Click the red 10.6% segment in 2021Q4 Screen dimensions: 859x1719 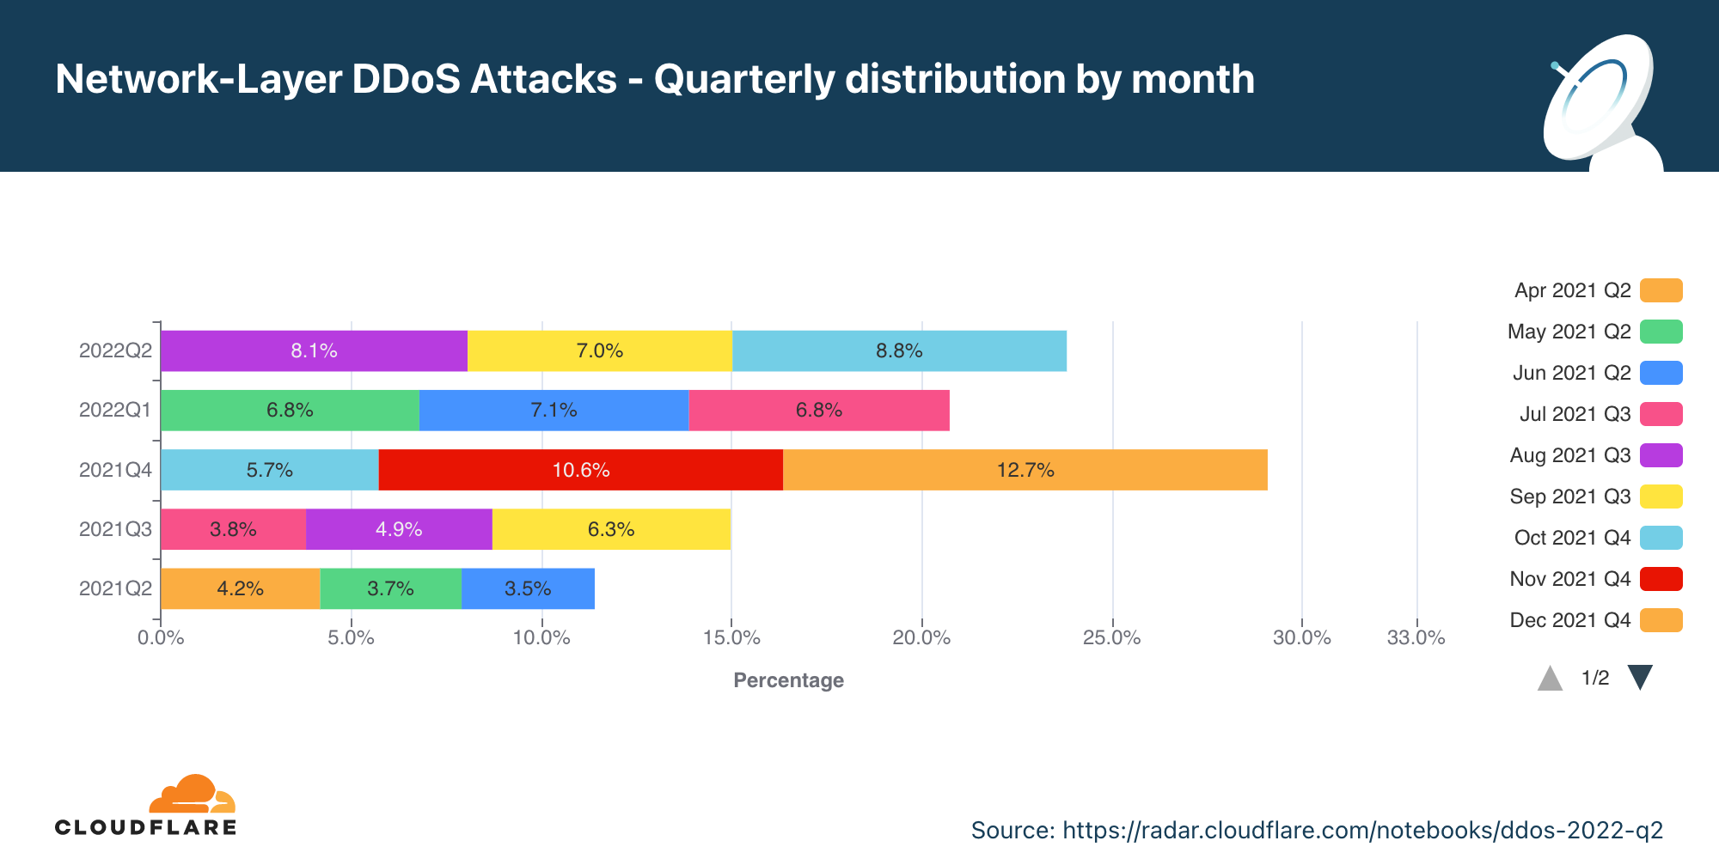pos(580,470)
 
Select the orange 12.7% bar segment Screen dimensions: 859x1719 pos(1025,470)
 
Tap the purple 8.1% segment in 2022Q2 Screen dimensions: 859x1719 pos(314,350)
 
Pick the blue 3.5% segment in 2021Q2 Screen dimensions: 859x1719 pos(528,588)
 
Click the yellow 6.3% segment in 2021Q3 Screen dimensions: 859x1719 pos(611,529)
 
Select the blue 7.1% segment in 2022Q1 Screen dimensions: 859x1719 pos(554,410)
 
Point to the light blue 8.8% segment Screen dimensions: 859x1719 pos(899,350)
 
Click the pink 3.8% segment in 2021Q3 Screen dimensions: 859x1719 pos(233,529)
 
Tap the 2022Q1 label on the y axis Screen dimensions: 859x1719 pos(115,410)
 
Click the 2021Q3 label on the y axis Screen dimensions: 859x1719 pos(115,529)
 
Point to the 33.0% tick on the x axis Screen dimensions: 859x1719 pos(1416,637)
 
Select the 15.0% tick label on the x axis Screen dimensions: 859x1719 pos(731,637)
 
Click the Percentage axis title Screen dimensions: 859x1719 pos(788,680)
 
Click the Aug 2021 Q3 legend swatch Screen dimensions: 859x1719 pos(1661,455)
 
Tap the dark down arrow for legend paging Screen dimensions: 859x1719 pos(1640,677)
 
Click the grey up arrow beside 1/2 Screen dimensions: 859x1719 pos(1550,679)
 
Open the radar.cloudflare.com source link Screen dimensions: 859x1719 pos(1362,830)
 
